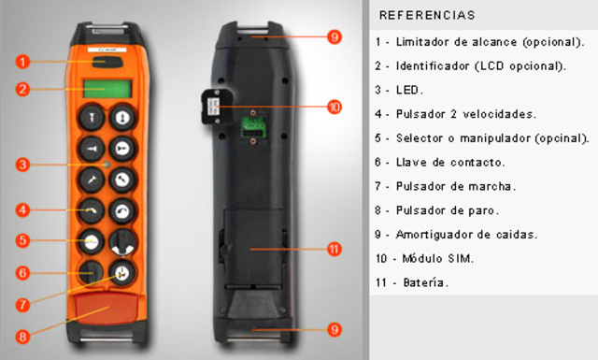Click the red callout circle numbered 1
tap(23, 63)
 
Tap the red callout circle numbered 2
tap(23, 90)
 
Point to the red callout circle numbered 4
tap(23, 209)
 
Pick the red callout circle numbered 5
tap(23, 240)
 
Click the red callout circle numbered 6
tap(23, 273)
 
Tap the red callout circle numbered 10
tap(334, 107)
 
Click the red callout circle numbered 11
tap(334, 250)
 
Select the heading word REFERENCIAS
tap(427, 16)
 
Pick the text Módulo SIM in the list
tap(444, 258)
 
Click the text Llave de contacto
tap(458, 162)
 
